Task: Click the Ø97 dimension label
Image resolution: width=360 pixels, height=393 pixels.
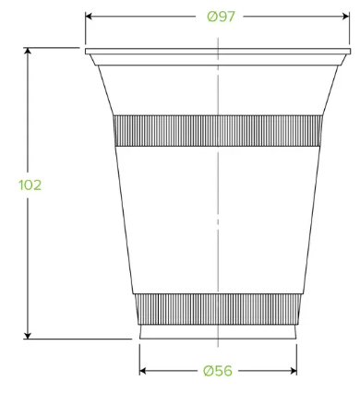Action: point(221,17)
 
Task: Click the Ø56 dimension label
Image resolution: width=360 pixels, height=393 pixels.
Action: point(218,371)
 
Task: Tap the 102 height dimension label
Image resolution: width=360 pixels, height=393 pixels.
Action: point(30,185)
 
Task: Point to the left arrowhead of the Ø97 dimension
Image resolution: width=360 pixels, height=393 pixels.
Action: point(89,17)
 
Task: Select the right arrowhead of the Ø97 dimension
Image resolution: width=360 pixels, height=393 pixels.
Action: point(346,17)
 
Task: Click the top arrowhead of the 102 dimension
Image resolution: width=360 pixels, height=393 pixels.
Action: point(28,52)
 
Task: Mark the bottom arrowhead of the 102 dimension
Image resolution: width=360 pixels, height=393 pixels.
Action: point(28,335)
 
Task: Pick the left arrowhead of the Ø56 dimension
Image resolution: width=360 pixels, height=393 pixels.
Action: point(143,371)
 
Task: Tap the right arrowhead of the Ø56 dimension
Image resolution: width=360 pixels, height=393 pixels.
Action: point(293,371)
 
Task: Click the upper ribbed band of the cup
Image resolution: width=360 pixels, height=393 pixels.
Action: point(218,131)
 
